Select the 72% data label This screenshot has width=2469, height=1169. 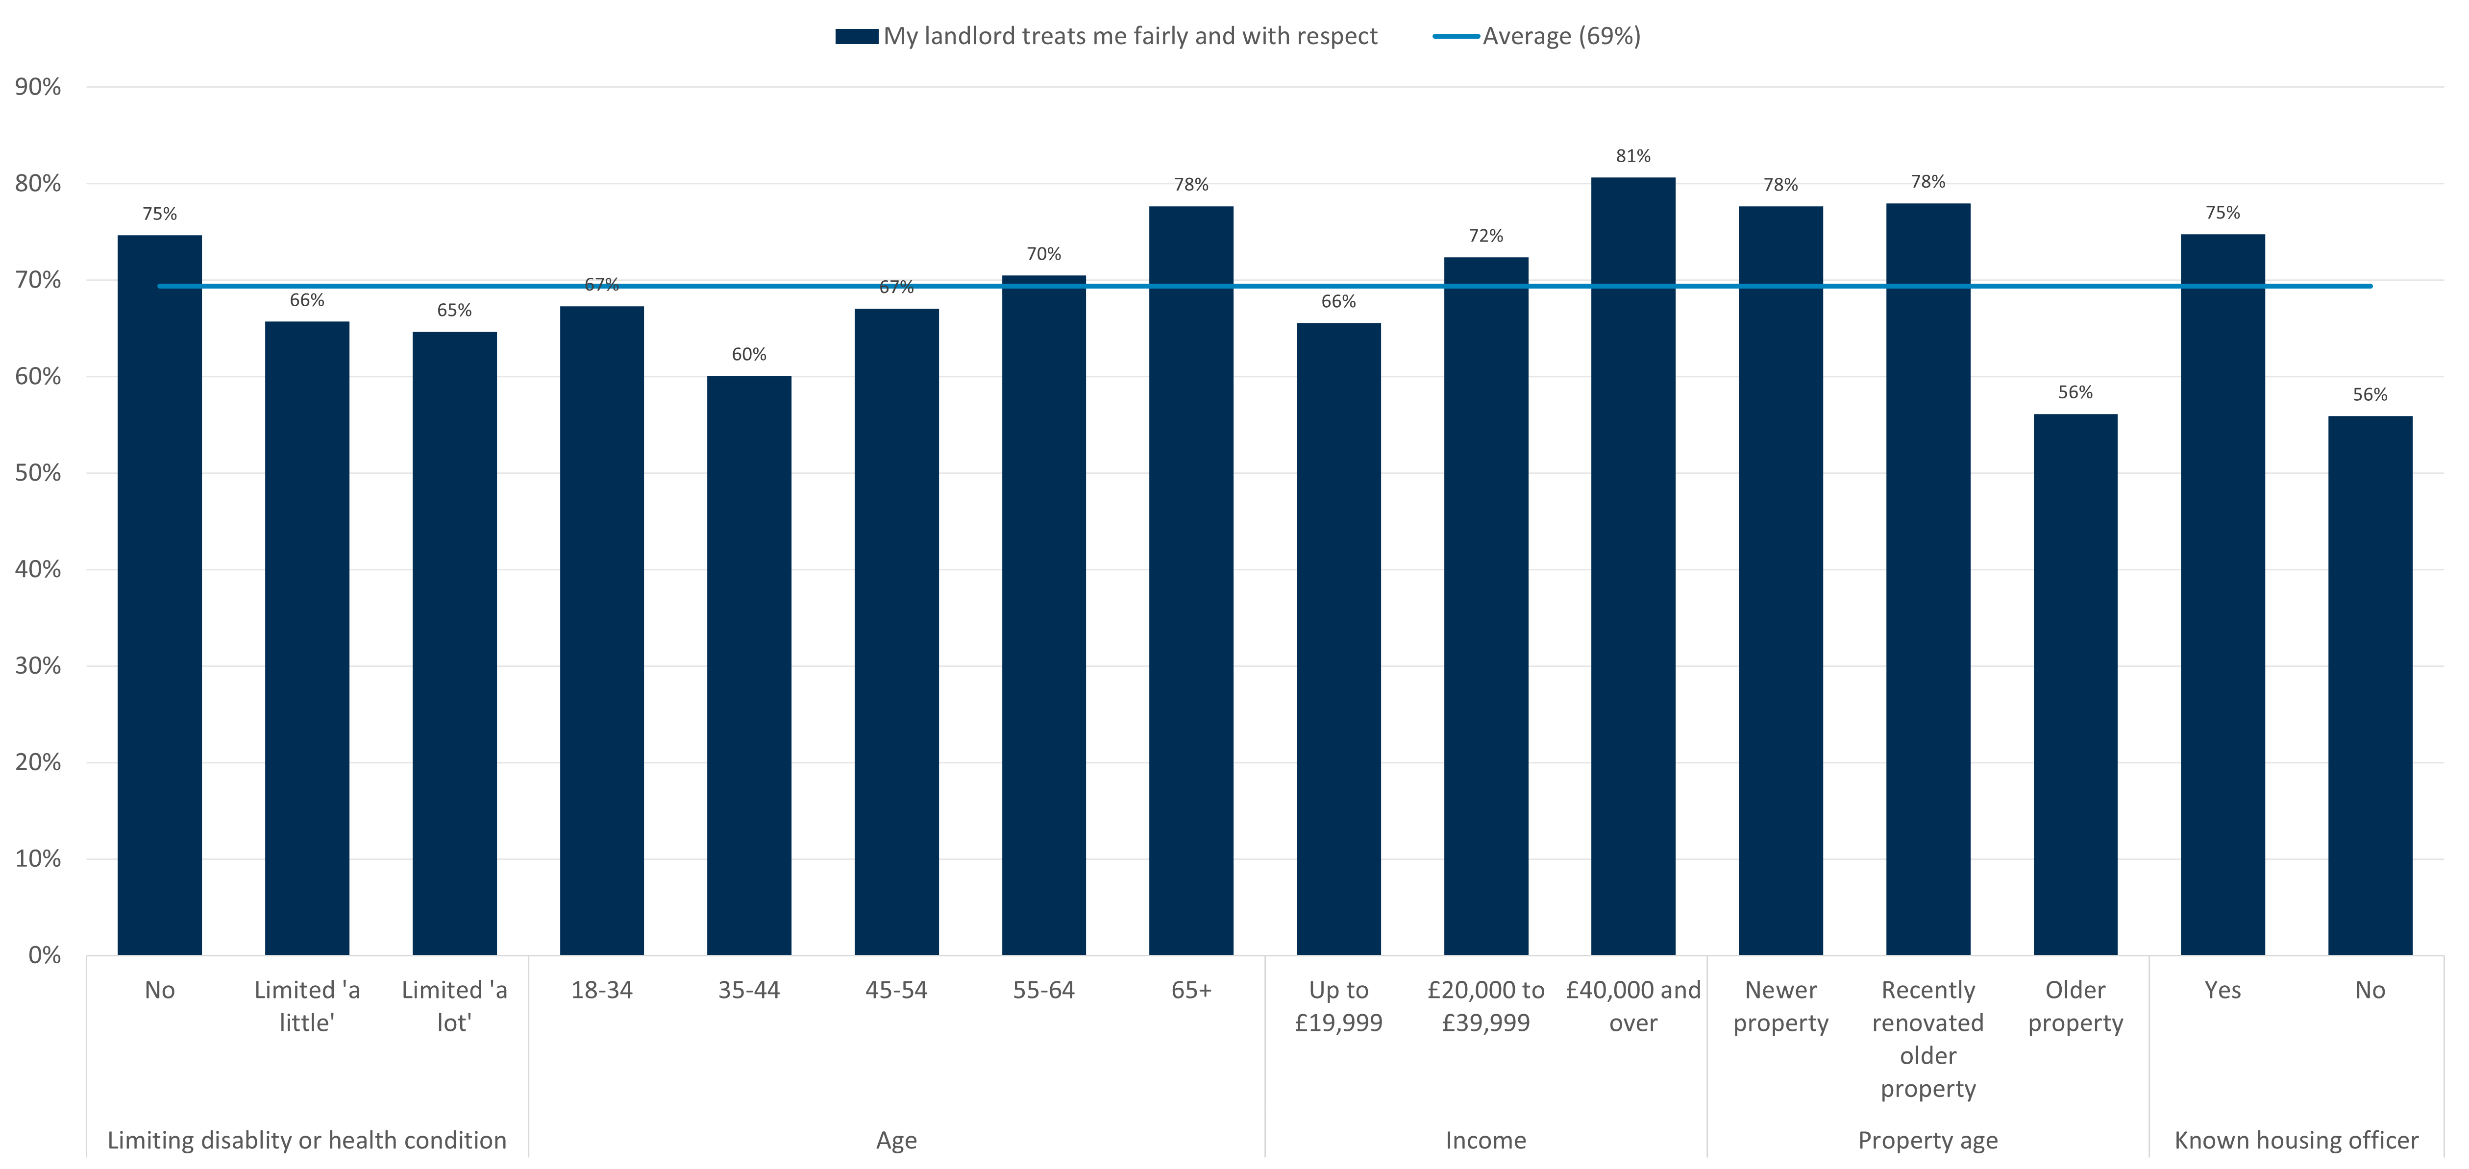[1485, 236]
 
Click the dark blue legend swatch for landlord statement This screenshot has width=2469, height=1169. [856, 36]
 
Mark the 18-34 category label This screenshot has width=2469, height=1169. [602, 990]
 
